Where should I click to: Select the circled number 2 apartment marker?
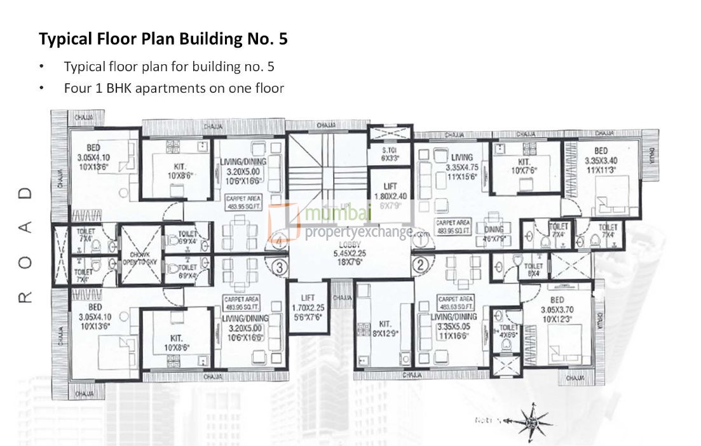point(419,264)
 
